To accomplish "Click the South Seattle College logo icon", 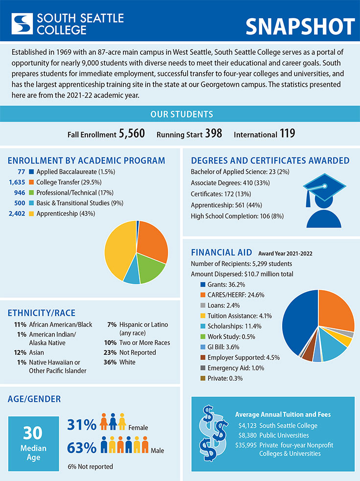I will (22, 23).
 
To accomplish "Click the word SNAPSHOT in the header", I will (300, 26).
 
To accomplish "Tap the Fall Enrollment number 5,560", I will (132, 134).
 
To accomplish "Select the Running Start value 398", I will (213, 134).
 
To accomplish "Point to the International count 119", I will (288, 134).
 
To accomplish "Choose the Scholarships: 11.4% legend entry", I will (232, 326).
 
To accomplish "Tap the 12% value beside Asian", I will (20, 352).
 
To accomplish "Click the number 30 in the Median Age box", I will (33, 434).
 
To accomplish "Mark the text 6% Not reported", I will (90, 466).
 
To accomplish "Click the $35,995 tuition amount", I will (246, 445).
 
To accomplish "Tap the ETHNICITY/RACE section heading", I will (42, 313).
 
